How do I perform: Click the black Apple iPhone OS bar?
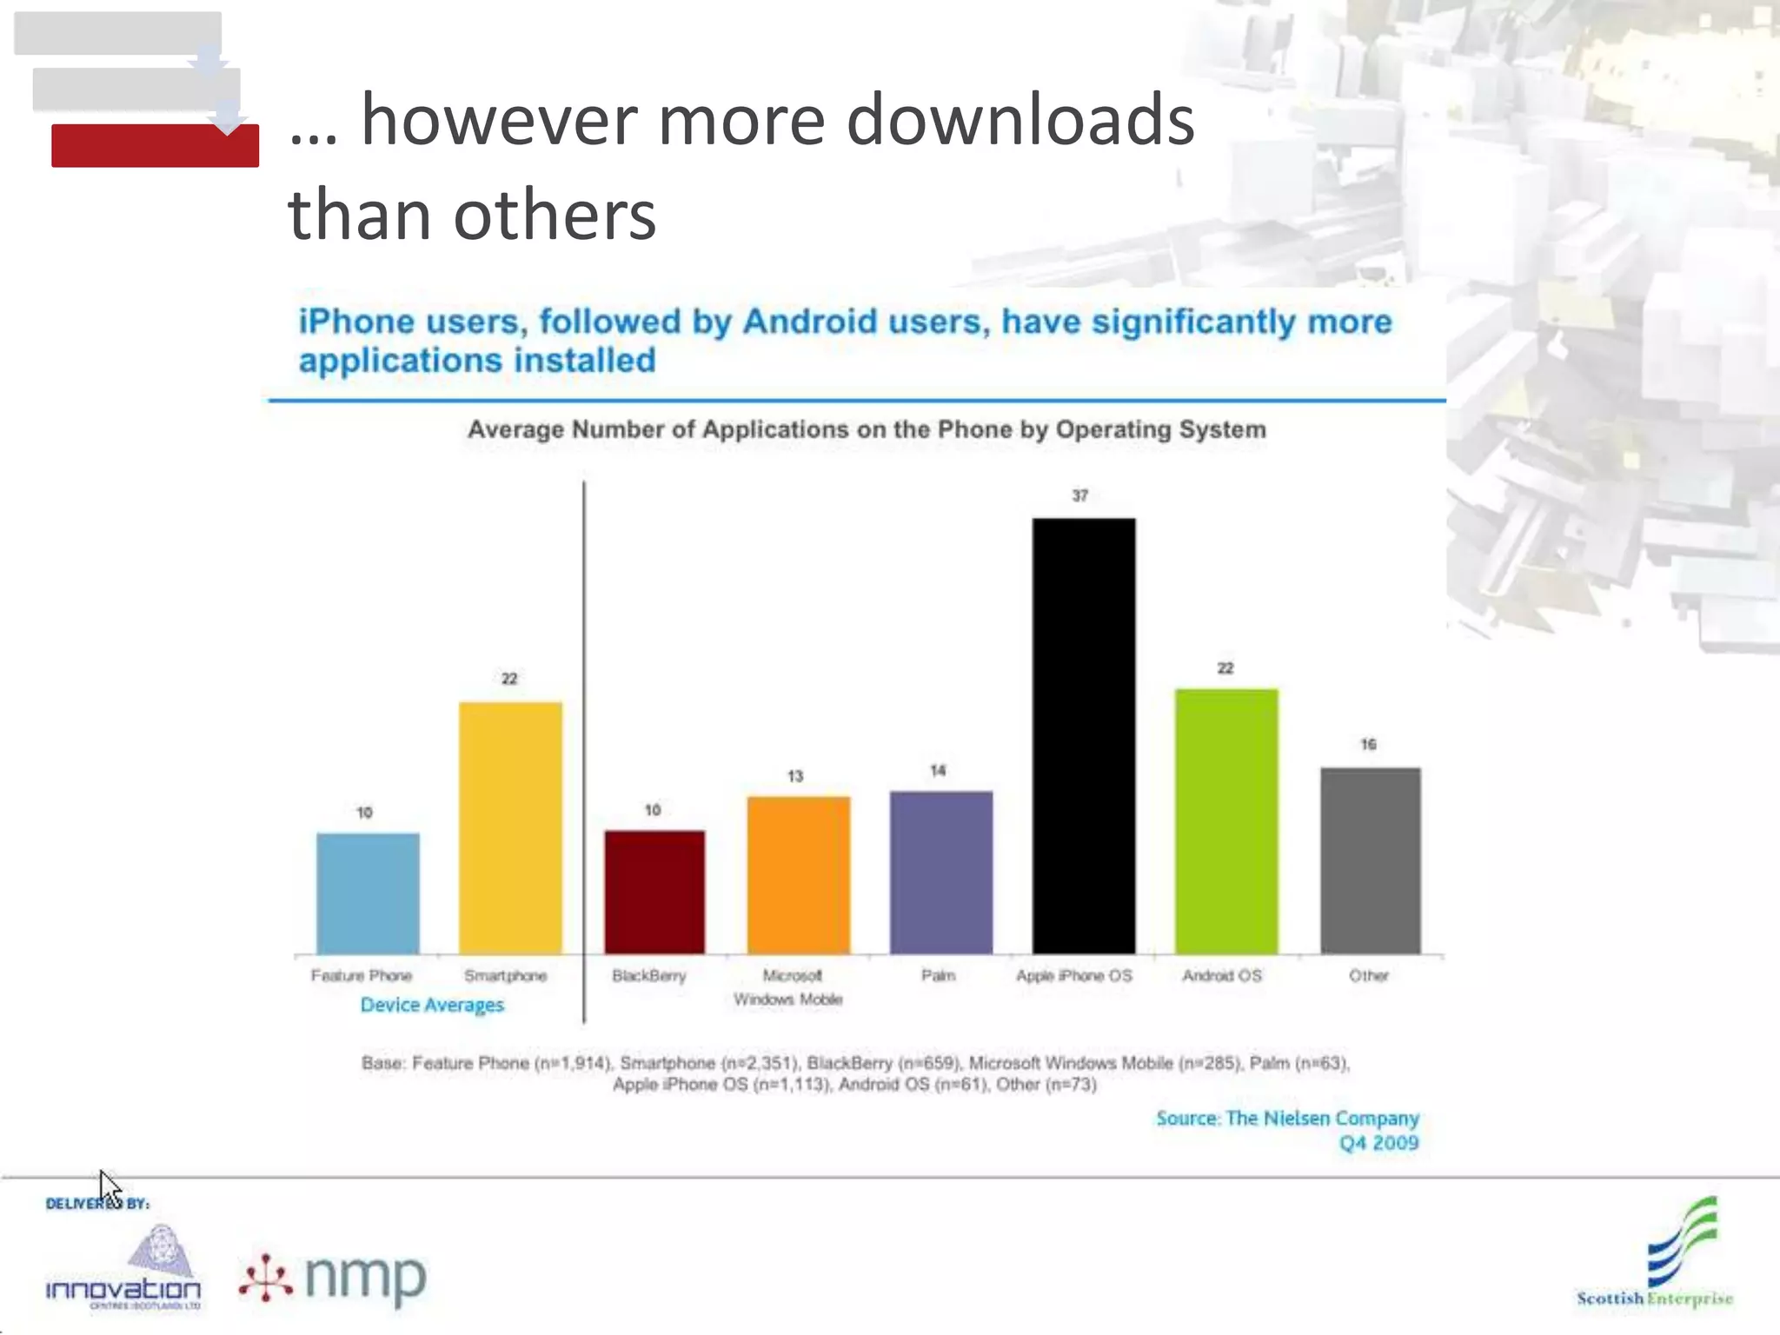coord(1083,735)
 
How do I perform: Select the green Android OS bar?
coord(1225,821)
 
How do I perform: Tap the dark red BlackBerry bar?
coord(654,892)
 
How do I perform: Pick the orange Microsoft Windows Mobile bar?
coord(798,874)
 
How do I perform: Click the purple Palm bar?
coord(940,872)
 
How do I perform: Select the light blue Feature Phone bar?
coord(368,893)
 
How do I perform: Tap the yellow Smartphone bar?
coord(510,827)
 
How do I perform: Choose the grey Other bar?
coord(1370,860)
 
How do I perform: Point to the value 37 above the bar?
coord(1079,495)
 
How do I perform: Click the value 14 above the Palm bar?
coord(938,771)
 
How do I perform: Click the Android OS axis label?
coord(1221,976)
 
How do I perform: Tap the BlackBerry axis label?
coord(648,976)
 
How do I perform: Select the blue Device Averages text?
coord(432,1005)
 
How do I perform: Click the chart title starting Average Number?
coord(867,429)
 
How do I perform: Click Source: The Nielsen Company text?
coord(1286,1119)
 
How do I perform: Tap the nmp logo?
coord(334,1278)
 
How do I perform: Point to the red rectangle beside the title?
coord(155,146)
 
